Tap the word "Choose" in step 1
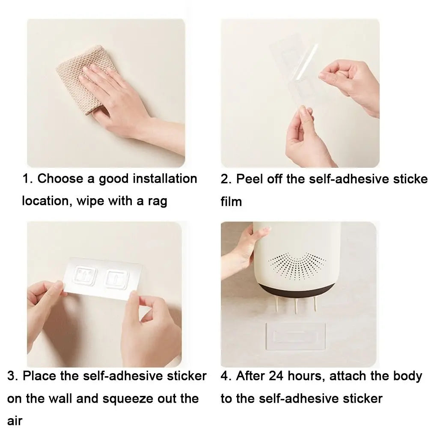pos(60,179)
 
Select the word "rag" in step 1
pos(158,202)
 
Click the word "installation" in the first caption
pos(165,179)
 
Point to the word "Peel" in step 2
pos(250,179)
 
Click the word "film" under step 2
pos(231,202)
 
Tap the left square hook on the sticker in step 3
pos(85,275)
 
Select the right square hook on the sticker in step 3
pos(117,279)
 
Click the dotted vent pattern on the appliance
pos(297,266)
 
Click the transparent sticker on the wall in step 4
pos(296,336)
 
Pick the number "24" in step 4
pos(276,376)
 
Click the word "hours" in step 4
pos(306,376)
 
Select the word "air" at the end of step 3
pos(15,421)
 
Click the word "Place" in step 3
pos(40,376)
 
